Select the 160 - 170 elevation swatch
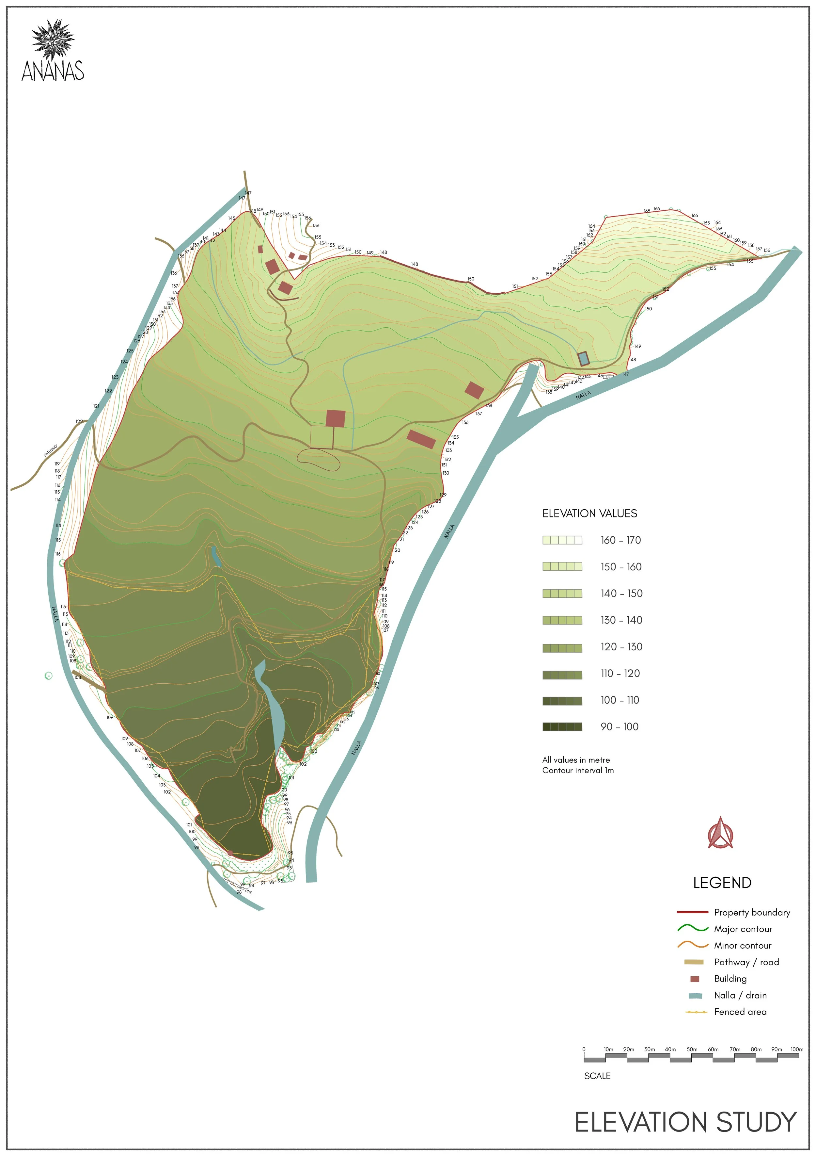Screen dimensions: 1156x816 (562, 540)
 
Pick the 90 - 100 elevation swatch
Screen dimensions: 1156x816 (562, 726)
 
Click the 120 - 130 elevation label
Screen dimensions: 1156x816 (621, 647)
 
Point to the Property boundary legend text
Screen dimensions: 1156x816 (752, 912)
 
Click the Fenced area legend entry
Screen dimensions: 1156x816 (740, 1012)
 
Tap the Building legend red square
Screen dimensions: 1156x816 (695, 979)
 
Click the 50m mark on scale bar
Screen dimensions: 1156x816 (692, 1049)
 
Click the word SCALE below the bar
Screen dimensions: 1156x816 (597, 1076)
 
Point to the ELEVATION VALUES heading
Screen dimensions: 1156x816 (589, 513)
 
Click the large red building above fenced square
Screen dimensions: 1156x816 (335, 418)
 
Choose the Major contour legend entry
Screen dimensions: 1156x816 (743, 929)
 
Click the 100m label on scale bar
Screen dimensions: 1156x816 (796, 1049)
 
